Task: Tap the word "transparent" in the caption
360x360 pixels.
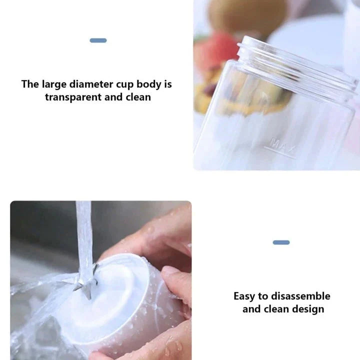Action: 73,97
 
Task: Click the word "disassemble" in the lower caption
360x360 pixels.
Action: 300,296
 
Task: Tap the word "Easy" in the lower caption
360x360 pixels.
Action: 244,296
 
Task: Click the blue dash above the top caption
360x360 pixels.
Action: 98,40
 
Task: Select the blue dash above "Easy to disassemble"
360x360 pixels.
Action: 281,242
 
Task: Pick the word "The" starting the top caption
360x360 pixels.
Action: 30,84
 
